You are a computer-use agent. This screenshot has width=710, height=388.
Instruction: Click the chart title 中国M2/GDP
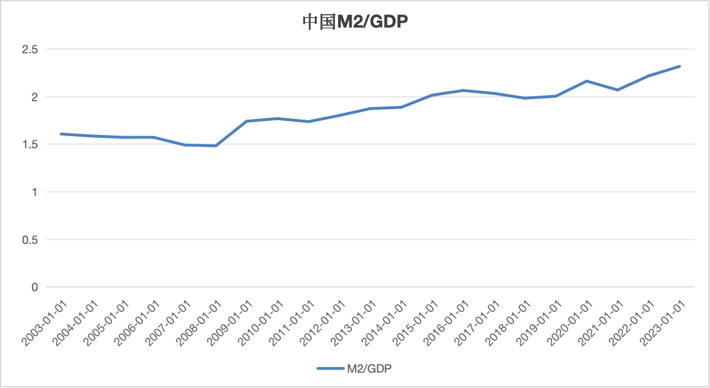[x=355, y=22]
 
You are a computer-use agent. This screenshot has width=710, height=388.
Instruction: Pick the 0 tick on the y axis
[x=35, y=287]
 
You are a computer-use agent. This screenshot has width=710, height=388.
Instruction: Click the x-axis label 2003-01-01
[x=44, y=322]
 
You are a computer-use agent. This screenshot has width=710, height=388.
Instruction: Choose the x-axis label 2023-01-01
[x=663, y=322]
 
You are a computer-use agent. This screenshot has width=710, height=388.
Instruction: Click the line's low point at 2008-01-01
[x=216, y=146]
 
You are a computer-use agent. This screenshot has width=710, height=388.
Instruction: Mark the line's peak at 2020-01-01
[x=587, y=81]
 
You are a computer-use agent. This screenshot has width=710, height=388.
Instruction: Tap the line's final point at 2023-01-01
[x=680, y=66]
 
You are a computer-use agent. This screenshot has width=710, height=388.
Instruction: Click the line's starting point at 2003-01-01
[x=61, y=134]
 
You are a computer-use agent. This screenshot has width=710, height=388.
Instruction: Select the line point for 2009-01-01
[x=247, y=121]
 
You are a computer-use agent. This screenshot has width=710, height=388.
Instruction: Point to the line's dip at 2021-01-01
[x=617, y=90]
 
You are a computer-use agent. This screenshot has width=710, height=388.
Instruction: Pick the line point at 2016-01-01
[x=463, y=90]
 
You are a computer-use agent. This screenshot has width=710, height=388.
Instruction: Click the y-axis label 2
[x=35, y=97]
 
